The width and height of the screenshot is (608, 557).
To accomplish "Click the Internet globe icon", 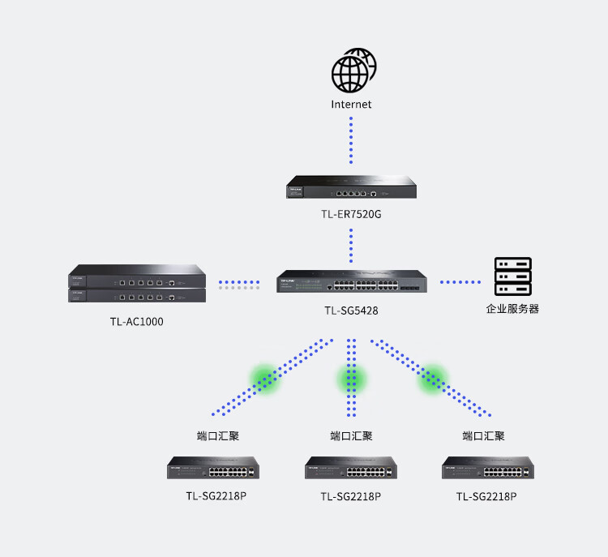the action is [x=353, y=71].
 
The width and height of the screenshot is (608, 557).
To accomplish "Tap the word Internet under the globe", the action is [x=351, y=105].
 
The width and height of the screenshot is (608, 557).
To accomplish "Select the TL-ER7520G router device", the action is [x=351, y=187].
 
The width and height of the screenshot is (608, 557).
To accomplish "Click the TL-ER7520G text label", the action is [x=351, y=214].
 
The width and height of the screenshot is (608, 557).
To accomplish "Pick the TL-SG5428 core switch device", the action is [x=352, y=281].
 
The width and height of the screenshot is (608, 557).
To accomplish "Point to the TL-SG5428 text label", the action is [x=351, y=311].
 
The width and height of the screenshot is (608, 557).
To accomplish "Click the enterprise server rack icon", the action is [x=512, y=276].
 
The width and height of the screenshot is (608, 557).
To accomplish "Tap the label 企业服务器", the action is [x=512, y=309].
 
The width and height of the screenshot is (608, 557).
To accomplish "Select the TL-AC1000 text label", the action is [x=136, y=322].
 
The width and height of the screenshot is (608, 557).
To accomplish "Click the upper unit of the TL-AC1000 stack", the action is [x=137, y=276].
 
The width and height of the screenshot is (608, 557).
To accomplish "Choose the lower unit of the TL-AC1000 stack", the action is [x=137, y=296].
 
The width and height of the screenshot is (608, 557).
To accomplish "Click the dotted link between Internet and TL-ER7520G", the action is [x=351, y=140].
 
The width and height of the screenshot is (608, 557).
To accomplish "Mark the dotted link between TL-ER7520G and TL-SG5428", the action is [x=351, y=246].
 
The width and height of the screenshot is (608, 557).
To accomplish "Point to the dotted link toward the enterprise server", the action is [x=460, y=282].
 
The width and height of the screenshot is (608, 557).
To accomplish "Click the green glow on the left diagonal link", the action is [x=265, y=379].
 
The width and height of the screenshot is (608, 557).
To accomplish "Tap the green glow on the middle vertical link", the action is [x=351, y=379].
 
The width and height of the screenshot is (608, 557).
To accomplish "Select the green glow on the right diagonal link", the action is [x=433, y=379].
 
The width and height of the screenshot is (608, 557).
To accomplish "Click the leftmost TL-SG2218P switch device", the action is [x=213, y=467].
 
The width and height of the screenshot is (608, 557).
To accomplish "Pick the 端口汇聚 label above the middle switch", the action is [x=351, y=436].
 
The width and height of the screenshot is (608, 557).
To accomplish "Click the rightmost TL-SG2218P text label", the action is [x=486, y=496].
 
